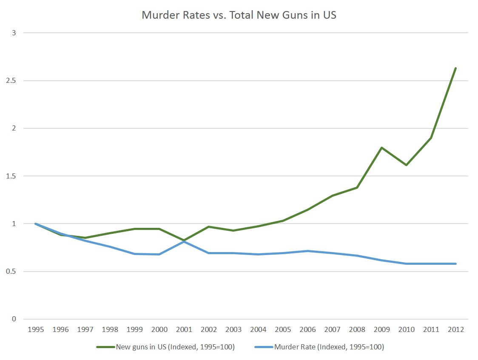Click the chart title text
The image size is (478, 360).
[x=239, y=15]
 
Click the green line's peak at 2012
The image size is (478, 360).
[x=455, y=68]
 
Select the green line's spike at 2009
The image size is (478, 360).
[x=381, y=147]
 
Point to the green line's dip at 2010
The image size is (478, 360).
[x=406, y=165]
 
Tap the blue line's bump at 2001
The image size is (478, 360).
[x=184, y=241]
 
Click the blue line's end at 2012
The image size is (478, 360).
[x=455, y=264]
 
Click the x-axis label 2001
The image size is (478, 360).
[x=184, y=329]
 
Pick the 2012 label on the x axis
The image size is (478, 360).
[x=455, y=329]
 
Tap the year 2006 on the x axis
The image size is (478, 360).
[x=307, y=329]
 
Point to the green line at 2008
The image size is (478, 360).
[x=357, y=187]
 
